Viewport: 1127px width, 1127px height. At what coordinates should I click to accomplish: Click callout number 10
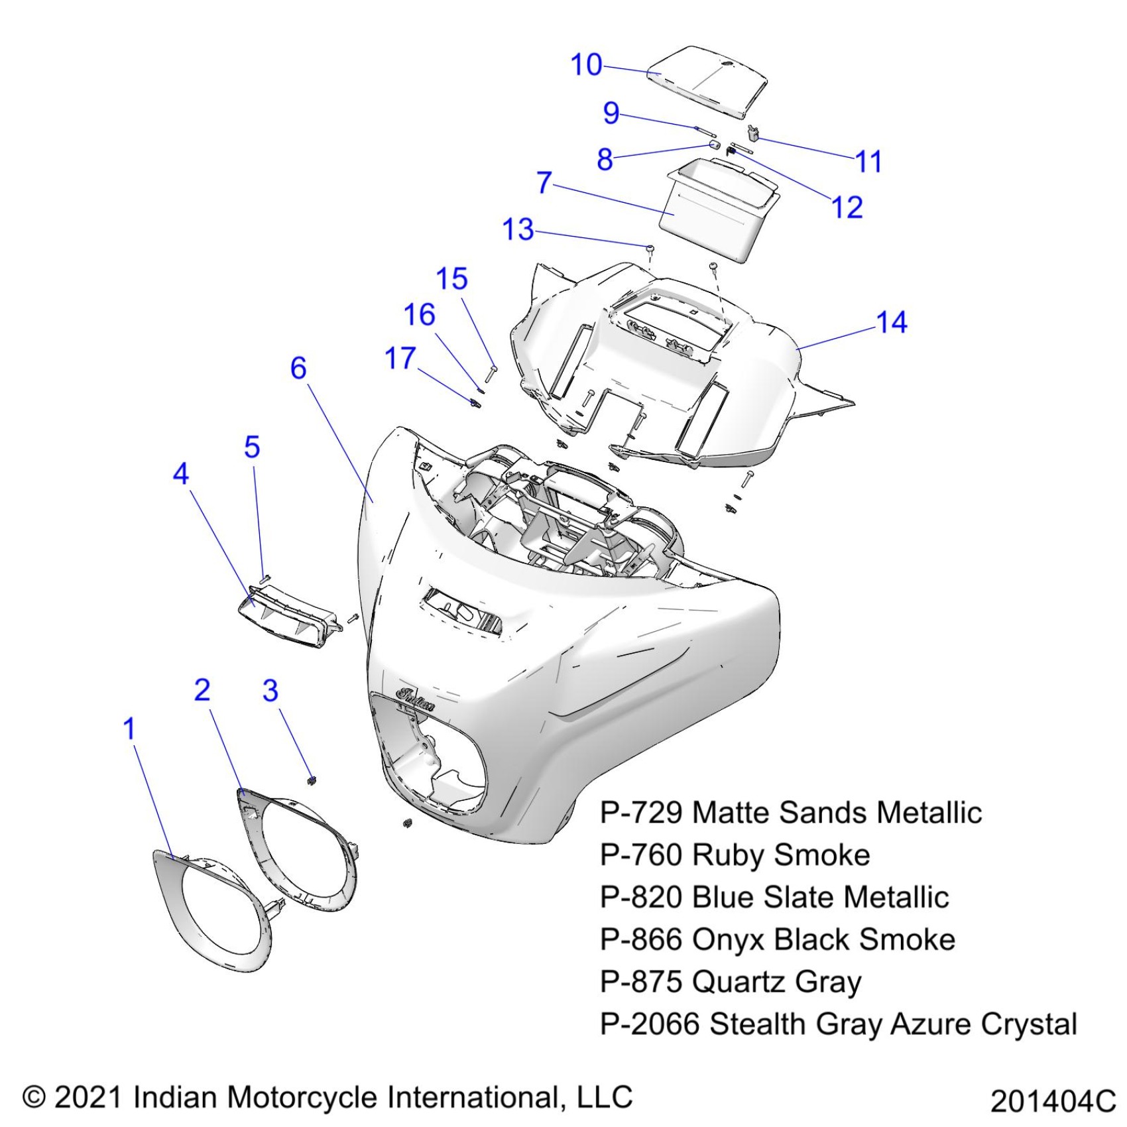click(586, 65)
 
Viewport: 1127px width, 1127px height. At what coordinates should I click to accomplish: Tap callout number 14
click(891, 323)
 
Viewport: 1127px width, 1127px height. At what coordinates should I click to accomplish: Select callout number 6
click(298, 369)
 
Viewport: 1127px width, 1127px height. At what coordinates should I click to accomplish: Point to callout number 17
click(400, 359)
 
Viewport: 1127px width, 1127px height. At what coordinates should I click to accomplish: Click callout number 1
click(129, 729)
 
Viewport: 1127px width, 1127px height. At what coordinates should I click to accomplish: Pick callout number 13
click(518, 230)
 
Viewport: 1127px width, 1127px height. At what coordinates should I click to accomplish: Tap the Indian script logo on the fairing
click(416, 698)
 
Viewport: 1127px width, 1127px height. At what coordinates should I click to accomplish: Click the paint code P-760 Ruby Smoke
click(735, 855)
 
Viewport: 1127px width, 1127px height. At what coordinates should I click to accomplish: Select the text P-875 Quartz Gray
click(730, 982)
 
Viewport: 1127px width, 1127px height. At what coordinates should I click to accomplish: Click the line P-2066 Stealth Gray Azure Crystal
click(838, 1024)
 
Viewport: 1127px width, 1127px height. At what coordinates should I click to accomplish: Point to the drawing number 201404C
click(1053, 1102)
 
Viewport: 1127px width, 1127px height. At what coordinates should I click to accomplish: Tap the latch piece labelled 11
click(753, 133)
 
